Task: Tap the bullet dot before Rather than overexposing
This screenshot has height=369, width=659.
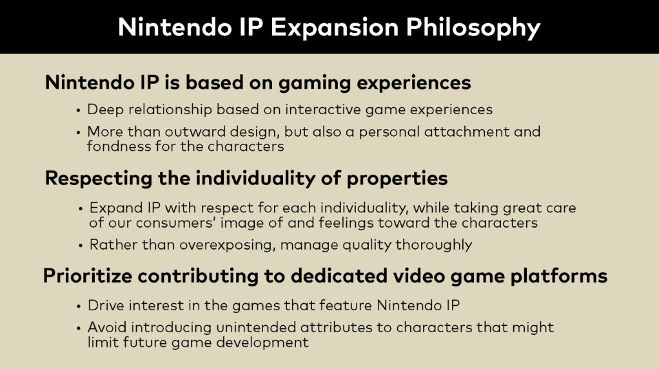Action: coord(81,246)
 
